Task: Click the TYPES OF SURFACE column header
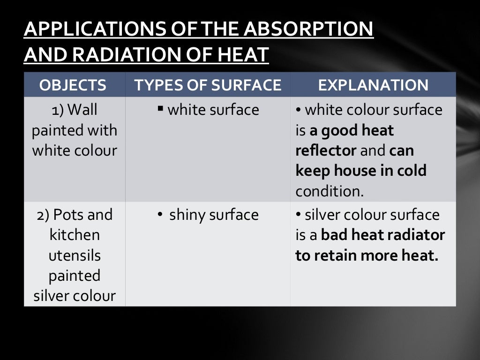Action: [x=208, y=85]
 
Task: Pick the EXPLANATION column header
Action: [x=373, y=85]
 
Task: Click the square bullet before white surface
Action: [x=160, y=109]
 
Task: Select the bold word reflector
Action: [x=326, y=150]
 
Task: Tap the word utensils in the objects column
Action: [x=75, y=255]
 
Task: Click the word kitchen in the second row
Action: [x=75, y=235]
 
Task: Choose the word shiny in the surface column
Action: [x=187, y=215]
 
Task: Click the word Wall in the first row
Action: [x=82, y=110]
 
